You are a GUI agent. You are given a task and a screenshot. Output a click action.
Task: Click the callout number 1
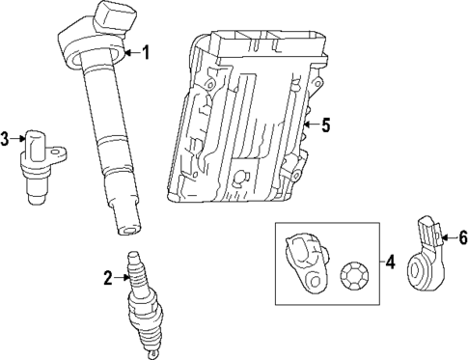click(x=147, y=52)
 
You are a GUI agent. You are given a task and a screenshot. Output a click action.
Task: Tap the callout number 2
click(x=108, y=279)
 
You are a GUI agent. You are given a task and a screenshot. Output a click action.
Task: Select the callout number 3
click(x=6, y=139)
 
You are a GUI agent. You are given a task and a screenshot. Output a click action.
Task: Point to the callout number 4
click(x=390, y=261)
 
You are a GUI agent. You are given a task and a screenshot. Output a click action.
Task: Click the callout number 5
click(x=325, y=124)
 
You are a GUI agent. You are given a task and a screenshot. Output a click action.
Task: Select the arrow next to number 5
click(x=310, y=124)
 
